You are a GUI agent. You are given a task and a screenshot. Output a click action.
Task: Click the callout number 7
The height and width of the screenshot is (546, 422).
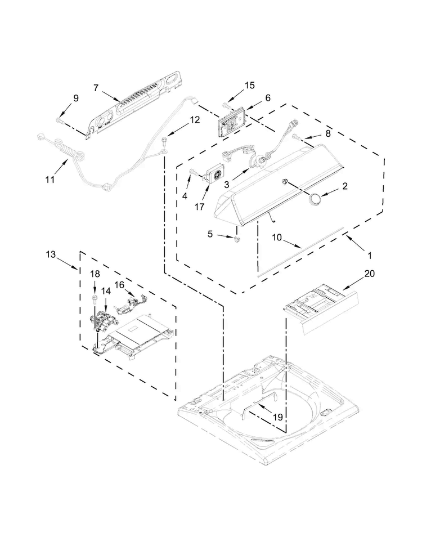coord(96,88)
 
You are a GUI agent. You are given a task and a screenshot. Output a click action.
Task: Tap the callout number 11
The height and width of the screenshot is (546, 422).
coord(50,180)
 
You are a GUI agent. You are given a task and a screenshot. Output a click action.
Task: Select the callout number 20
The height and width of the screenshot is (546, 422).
coord(370,274)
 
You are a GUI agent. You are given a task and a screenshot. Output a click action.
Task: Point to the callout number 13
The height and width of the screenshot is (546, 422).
coord(51,254)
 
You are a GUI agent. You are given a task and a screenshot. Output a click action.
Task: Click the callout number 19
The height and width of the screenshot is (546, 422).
coord(278,417)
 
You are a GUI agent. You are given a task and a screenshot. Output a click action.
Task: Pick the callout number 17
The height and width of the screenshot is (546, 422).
coord(199,207)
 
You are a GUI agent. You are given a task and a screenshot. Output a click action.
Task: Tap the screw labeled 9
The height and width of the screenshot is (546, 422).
coord(59,120)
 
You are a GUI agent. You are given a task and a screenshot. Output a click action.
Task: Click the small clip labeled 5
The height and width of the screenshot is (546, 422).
coord(237,239)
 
